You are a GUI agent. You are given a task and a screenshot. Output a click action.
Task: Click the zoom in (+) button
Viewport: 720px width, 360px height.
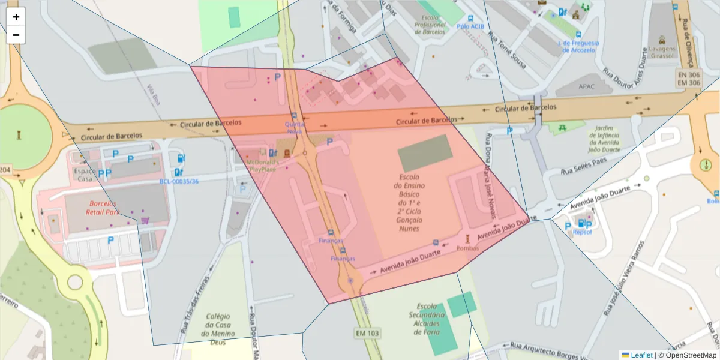(16, 17)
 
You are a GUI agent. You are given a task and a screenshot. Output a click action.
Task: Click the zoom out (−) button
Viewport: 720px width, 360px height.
(16, 35)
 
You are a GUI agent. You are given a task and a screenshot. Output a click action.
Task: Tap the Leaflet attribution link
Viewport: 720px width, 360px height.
(641, 355)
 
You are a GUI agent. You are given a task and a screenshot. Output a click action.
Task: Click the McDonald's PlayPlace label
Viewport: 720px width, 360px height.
(262, 166)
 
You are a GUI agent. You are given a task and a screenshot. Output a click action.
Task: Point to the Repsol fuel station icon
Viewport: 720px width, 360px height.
(580, 224)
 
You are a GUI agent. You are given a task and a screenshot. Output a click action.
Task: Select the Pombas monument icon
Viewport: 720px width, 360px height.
(468, 239)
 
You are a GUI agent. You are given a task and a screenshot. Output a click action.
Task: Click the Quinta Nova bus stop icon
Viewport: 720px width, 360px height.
(293, 116)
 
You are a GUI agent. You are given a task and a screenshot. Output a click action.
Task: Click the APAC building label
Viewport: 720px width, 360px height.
(586, 86)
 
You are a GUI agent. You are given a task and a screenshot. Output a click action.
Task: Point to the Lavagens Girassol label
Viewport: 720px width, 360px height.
(662, 51)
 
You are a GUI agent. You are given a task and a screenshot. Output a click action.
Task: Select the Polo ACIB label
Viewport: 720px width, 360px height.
(470, 26)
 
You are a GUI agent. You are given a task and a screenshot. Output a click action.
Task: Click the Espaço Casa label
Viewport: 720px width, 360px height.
(85, 175)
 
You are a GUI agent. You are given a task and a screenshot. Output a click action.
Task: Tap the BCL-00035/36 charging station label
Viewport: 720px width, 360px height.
(179, 181)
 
